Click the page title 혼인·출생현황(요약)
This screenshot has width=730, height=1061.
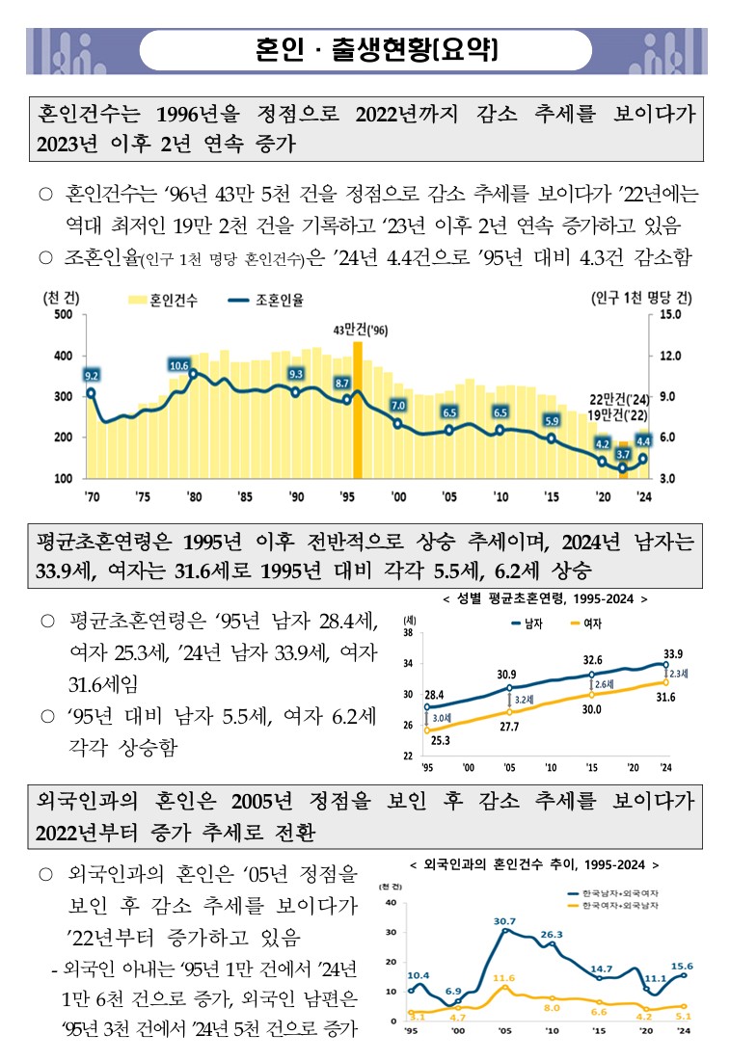(x=377, y=48)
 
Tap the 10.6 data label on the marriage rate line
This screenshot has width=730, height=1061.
(x=179, y=365)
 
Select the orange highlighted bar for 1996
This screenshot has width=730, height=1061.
(x=358, y=410)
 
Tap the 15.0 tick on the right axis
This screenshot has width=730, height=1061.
(x=673, y=315)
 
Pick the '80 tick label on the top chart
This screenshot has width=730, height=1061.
(x=193, y=497)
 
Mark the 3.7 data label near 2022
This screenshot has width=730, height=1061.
(x=623, y=453)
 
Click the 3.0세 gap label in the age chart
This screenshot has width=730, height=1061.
(x=443, y=719)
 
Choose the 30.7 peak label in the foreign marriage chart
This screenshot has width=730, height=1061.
(x=504, y=921)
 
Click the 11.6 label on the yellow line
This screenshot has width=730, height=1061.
(x=504, y=978)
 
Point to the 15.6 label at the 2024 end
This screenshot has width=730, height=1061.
(x=683, y=966)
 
